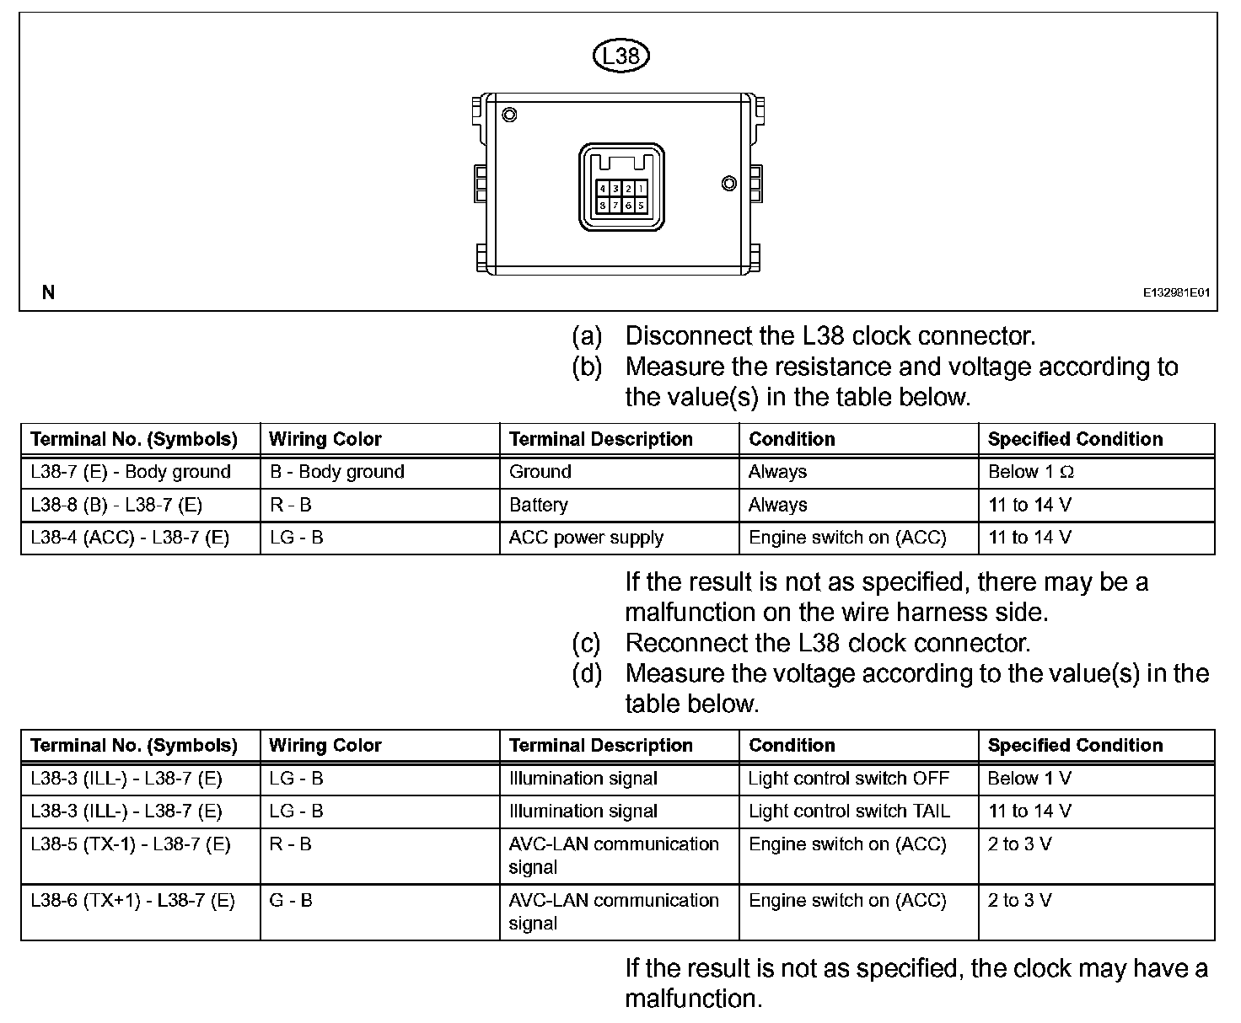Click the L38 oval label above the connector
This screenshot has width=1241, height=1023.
621,56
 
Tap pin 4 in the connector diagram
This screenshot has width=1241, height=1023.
604,189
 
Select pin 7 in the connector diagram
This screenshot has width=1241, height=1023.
615,205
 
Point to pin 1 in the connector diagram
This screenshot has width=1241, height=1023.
641,189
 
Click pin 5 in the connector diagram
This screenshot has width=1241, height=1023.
641,205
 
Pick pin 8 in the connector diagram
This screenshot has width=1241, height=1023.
604,205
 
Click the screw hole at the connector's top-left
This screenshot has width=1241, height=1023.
509,115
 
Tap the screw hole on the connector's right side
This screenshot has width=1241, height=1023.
729,184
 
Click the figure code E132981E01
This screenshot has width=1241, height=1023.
1176,293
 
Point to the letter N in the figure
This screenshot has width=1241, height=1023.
49,292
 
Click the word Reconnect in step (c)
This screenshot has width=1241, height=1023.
686,643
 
